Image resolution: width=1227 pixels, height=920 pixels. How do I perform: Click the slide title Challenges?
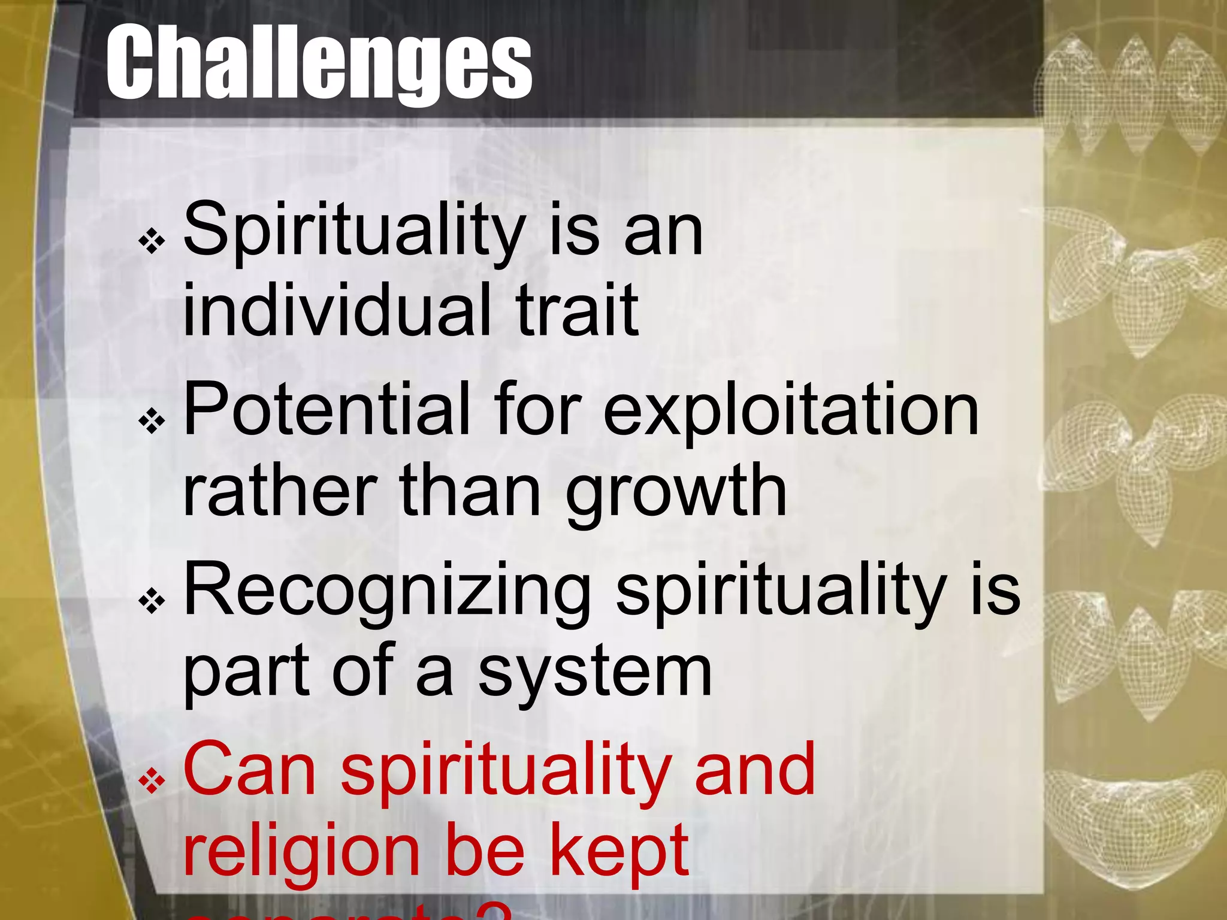(319, 62)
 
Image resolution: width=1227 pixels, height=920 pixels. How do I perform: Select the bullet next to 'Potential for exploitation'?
(152, 421)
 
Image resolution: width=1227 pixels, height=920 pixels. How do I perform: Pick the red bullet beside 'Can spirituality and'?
(152, 780)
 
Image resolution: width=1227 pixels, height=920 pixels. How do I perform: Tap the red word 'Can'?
(249, 769)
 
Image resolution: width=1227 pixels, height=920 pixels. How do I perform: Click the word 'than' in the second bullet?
(470, 490)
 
